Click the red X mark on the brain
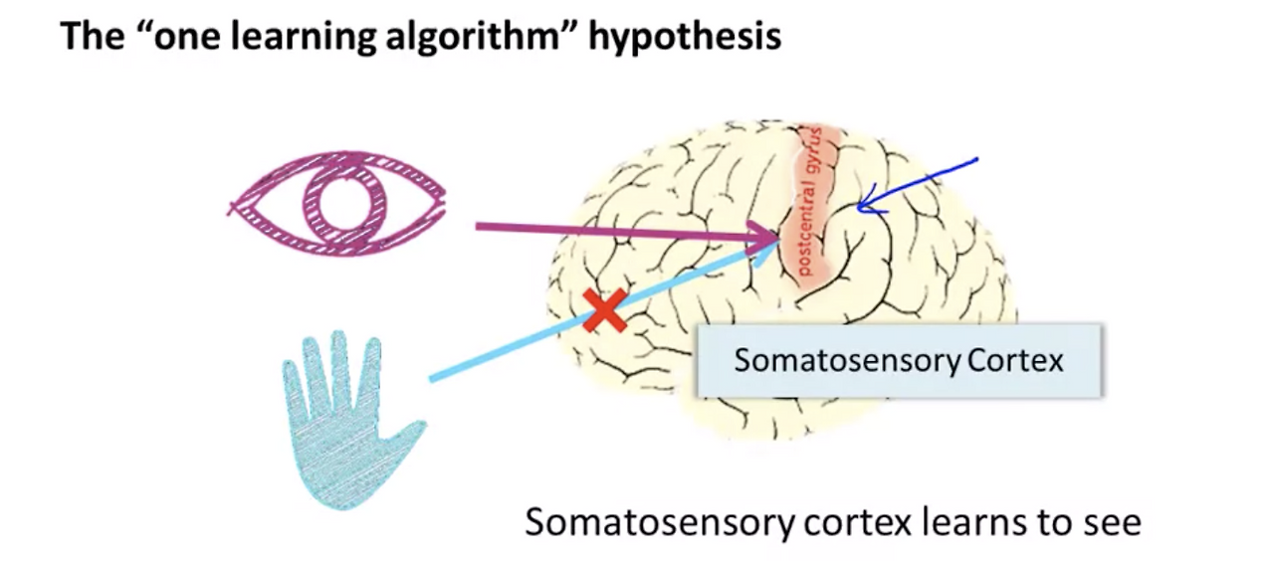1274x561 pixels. click(x=605, y=310)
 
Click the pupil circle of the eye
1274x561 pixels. click(x=344, y=203)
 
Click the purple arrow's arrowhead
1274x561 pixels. click(x=757, y=237)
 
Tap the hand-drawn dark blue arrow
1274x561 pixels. click(x=917, y=186)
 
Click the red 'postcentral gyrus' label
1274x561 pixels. click(x=810, y=202)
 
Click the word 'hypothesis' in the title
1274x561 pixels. click(x=685, y=37)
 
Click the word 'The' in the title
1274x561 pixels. click(x=93, y=35)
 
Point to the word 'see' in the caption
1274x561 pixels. click(x=1112, y=523)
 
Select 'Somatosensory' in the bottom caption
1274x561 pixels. click(x=659, y=523)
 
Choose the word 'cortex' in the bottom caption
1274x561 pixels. click(x=858, y=523)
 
